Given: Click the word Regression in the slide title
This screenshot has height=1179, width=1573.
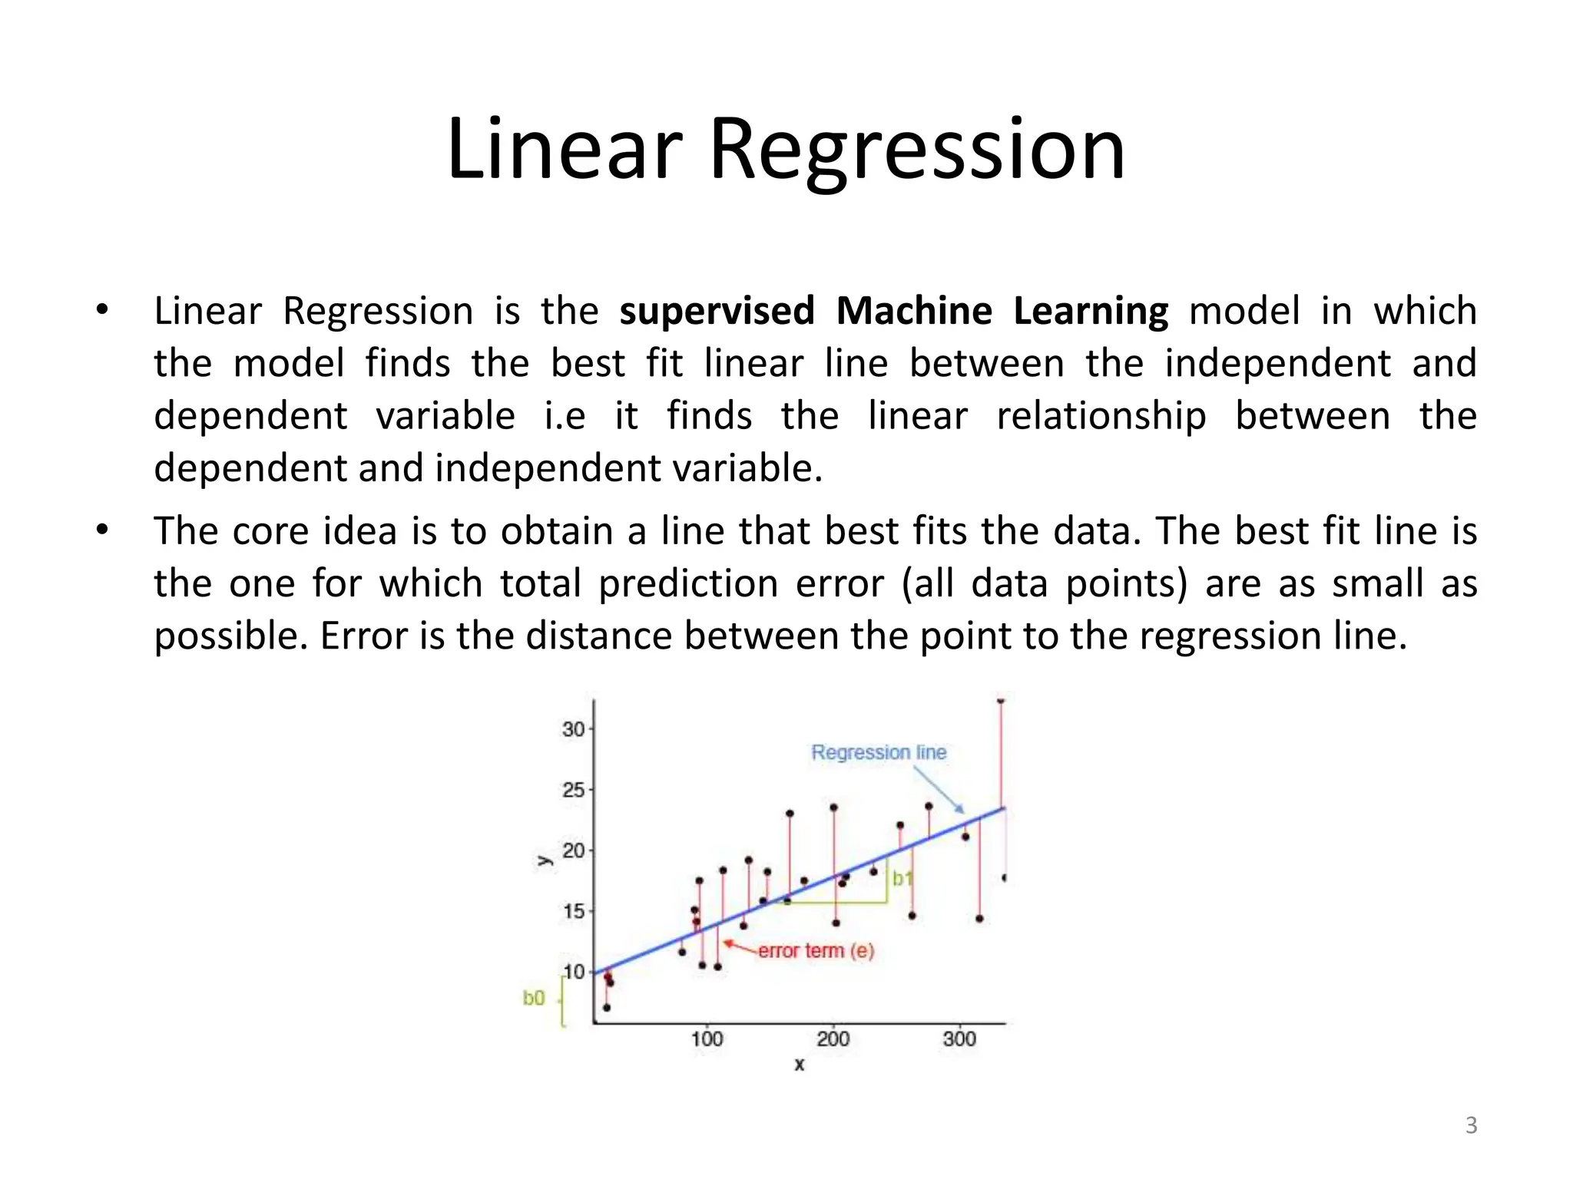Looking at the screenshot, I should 916,150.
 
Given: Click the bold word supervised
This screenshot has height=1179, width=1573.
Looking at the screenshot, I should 716,311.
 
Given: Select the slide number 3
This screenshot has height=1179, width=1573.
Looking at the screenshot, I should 1471,1125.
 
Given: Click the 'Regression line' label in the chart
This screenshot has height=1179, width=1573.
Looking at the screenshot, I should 879,752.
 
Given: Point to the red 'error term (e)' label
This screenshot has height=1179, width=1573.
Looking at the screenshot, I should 816,950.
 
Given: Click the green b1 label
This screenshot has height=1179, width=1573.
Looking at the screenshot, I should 902,878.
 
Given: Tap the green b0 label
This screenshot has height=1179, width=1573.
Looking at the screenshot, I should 534,998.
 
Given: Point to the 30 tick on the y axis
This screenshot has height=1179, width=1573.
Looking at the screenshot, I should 573,729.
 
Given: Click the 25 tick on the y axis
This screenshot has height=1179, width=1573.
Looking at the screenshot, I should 573,790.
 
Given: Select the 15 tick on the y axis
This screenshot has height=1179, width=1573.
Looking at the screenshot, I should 573,911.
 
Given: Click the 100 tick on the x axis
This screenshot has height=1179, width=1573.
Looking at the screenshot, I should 707,1039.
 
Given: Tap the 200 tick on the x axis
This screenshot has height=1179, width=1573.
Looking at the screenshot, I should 833,1039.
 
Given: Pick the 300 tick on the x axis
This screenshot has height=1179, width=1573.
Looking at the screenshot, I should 959,1039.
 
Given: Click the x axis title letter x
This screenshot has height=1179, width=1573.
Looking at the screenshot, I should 800,1065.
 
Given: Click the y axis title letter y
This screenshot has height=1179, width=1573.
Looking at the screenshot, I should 544,860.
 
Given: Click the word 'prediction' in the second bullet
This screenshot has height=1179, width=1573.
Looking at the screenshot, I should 688,583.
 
